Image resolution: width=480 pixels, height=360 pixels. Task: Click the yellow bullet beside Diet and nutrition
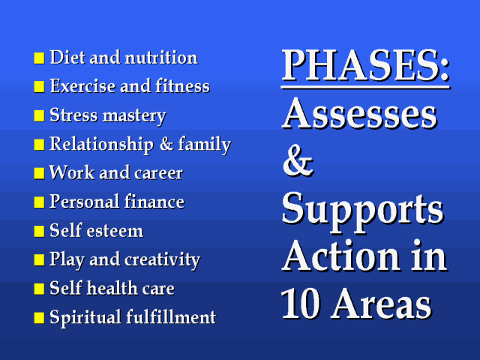[39, 58]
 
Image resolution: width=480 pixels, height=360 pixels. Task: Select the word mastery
[135, 116]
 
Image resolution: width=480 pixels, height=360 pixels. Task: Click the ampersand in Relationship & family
[166, 144]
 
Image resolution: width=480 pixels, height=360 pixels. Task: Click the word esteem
[115, 230]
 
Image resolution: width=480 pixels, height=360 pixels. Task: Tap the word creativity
[162, 260]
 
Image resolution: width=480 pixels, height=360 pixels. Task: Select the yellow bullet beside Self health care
[39, 288]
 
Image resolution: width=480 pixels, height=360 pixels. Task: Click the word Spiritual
[85, 317]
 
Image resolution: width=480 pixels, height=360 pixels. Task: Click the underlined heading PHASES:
[365, 65]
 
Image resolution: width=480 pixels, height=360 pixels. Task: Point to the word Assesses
[359, 113]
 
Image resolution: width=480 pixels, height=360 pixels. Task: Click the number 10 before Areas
[300, 303]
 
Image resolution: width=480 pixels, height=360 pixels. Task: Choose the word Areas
[382, 303]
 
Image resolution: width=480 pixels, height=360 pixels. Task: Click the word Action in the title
[341, 256]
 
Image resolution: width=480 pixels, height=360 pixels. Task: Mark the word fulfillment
[171, 316]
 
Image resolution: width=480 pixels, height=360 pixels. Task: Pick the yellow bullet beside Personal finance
[39, 202]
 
